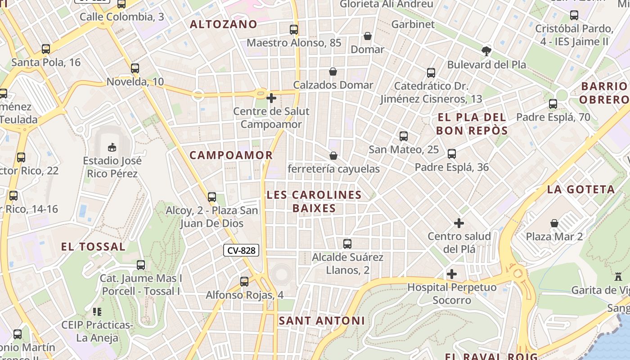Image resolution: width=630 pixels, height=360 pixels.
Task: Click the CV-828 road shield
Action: (x=241, y=251)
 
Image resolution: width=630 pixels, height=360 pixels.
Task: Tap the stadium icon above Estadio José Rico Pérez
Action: (x=112, y=147)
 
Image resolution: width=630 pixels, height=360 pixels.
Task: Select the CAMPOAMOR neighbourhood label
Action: (x=231, y=155)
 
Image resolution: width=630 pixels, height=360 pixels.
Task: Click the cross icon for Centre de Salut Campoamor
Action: (x=271, y=98)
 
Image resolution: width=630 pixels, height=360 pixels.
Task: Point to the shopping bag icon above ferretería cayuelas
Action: (x=333, y=156)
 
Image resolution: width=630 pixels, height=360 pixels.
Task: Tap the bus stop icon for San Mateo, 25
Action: (x=404, y=136)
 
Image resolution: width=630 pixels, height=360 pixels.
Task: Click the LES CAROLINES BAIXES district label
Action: (x=314, y=201)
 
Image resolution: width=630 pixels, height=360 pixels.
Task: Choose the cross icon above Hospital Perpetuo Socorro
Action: (x=452, y=274)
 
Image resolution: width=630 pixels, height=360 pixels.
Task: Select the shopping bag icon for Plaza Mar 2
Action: (x=554, y=223)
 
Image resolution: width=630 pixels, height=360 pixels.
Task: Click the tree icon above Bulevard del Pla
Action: (x=486, y=51)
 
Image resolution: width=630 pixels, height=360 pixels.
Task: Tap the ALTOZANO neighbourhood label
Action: (x=223, y=24)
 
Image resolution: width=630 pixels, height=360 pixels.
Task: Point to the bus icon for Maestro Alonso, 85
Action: (x=294, y=30)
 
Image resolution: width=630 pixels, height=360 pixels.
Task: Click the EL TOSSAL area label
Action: (x=93, y=247)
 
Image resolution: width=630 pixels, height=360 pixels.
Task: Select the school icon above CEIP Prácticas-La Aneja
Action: (x=97, y=311)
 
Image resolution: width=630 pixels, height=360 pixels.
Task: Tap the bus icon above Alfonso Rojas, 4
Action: (x=244, y=282)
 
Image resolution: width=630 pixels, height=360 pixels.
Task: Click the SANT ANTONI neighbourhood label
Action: (x=321, y=321)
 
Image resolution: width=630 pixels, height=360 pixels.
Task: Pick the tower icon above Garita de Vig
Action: (x=618, y=277)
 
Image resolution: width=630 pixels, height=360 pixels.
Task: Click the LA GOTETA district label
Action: (x=580, y=189)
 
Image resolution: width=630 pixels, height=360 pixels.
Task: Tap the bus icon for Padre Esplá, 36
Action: (x=452, y=154)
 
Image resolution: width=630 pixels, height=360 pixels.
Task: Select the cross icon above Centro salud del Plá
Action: (x=459, y=223)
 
